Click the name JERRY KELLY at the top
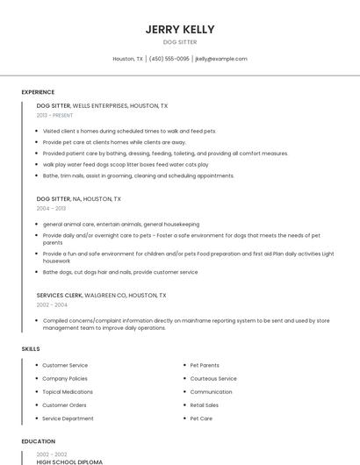(x=180, y=29)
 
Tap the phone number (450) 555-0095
(x=169, y=59)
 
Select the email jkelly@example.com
(x=221, y=59)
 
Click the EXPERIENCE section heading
(x=38, y=92)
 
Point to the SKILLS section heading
(x=31, y=349)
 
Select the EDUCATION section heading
(x=38, y=441)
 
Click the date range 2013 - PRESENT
(x=54, y=115)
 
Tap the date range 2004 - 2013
(x=50, y=209)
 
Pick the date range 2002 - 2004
(x=50, y=305)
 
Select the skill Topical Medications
(x=68, y=392)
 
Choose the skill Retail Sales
(x=205, y=405)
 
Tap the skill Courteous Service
(x=213, y=379)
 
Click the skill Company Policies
(x=65, y=379)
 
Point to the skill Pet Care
(x=201, y=418)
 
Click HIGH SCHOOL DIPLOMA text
(x=69, y=461)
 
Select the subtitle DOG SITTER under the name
(x=180, y=42)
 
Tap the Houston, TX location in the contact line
(x=127, y=59)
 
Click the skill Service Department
(x=68, y=418)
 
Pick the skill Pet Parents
(x=205, y=365)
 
